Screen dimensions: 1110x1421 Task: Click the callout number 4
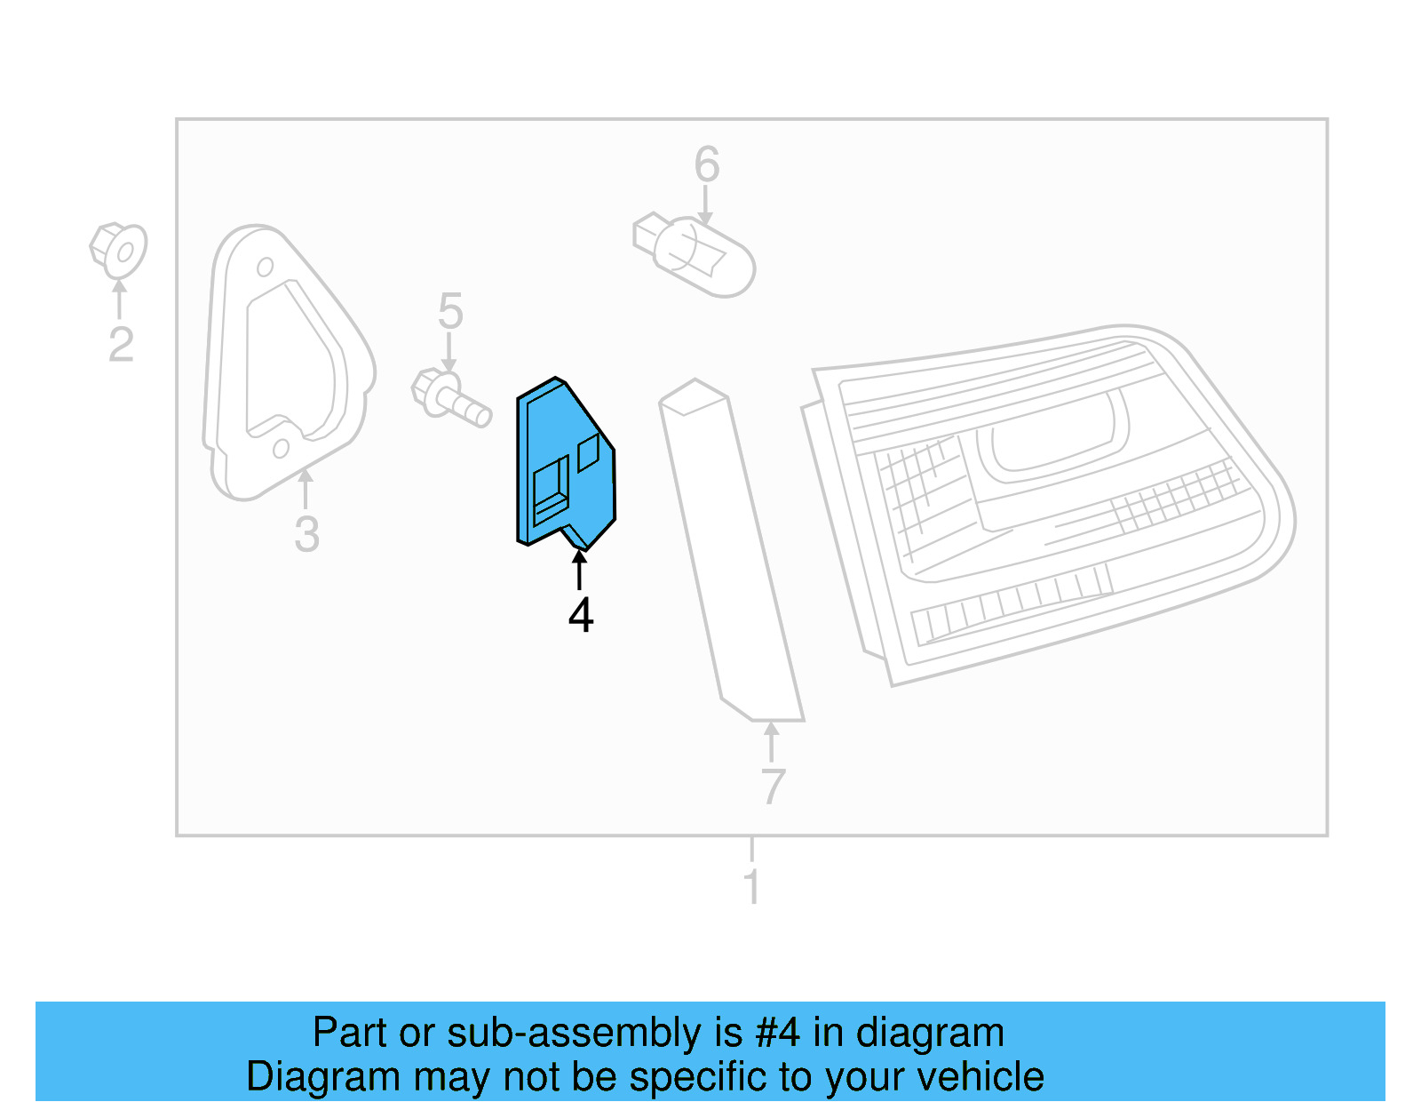click(581, 615)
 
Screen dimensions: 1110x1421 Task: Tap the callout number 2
click(121, 344)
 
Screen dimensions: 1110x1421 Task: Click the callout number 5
click(450, 311)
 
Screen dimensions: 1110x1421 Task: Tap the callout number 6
click(707, 164)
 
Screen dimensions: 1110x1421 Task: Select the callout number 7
click(773, 787)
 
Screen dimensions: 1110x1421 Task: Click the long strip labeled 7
click(730, 551)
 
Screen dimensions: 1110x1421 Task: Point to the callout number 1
click(752, 886)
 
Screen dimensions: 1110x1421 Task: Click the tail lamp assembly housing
click(1048, 498)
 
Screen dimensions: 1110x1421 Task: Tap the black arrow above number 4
click(580, 570)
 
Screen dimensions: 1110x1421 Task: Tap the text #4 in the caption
click(777, 1033)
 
